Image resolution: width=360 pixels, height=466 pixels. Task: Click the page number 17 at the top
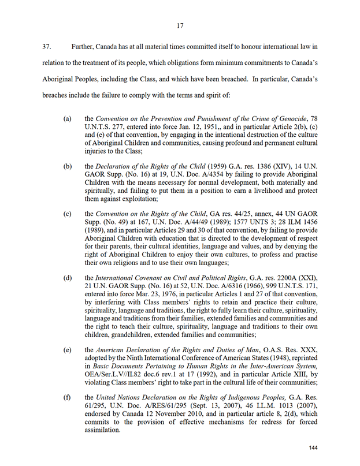click(x=180, y=25)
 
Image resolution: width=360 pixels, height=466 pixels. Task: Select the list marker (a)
click(x=68, y=118)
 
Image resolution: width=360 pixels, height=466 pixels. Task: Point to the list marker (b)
click(x=68, y=166)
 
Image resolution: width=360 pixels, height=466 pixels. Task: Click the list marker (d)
click(x=68, y=278)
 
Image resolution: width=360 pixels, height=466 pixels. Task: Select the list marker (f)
click(x=68, y=398)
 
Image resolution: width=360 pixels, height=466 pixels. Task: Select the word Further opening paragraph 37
click(x=85, y=46)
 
